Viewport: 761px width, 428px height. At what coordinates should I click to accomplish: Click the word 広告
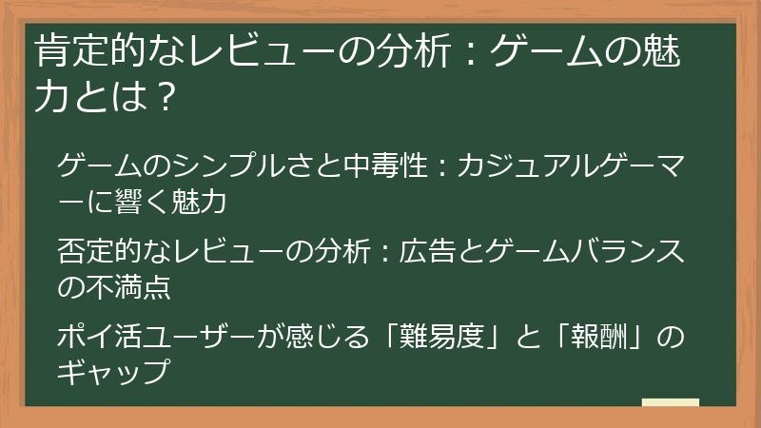(x=419, y=254)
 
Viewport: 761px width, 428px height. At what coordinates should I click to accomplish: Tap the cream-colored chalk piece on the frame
(x=670, y=402)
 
